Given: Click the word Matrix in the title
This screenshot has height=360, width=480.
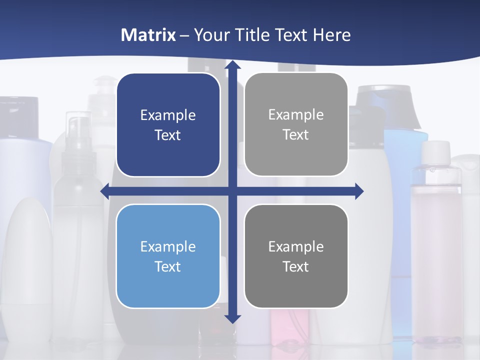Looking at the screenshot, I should (148, 35).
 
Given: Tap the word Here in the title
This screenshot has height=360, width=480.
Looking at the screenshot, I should (332, 35).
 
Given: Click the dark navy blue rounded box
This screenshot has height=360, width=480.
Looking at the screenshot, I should (168, 125).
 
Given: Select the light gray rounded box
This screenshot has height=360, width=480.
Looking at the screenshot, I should (296, 124).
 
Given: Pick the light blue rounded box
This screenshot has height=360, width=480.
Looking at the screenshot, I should (168, 256).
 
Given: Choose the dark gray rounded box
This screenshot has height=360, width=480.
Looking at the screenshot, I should (296, 256).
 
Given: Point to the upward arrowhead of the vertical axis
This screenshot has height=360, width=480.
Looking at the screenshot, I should (232, 65).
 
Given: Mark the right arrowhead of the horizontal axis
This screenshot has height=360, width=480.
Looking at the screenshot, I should (359, 191).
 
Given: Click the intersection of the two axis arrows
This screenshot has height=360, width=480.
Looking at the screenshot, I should (232, 191).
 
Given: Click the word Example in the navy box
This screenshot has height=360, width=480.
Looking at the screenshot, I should (168, 115).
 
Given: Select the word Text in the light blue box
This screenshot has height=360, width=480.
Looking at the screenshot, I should (168, 266).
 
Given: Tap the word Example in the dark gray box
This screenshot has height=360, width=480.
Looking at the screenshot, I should (296, 246).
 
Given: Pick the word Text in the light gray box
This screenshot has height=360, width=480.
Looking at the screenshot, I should (296, 134).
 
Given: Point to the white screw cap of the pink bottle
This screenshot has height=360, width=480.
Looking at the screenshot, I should (435, 152).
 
